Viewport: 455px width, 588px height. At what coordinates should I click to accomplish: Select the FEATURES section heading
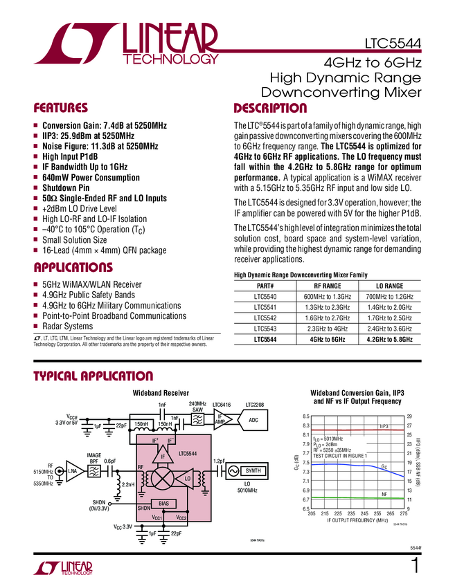coord(61,108)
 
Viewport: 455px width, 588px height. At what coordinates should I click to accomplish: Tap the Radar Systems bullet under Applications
coord(68,326)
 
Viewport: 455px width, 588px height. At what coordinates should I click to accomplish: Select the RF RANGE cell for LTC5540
coord(324,296)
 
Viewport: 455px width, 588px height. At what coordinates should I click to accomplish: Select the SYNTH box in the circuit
coord(253,470)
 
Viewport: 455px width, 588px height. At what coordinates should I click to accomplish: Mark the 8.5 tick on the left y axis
coord(305,416)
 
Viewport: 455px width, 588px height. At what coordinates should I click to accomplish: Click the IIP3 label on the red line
coord(386,427)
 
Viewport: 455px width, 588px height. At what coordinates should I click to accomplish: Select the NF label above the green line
coord(384,494)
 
